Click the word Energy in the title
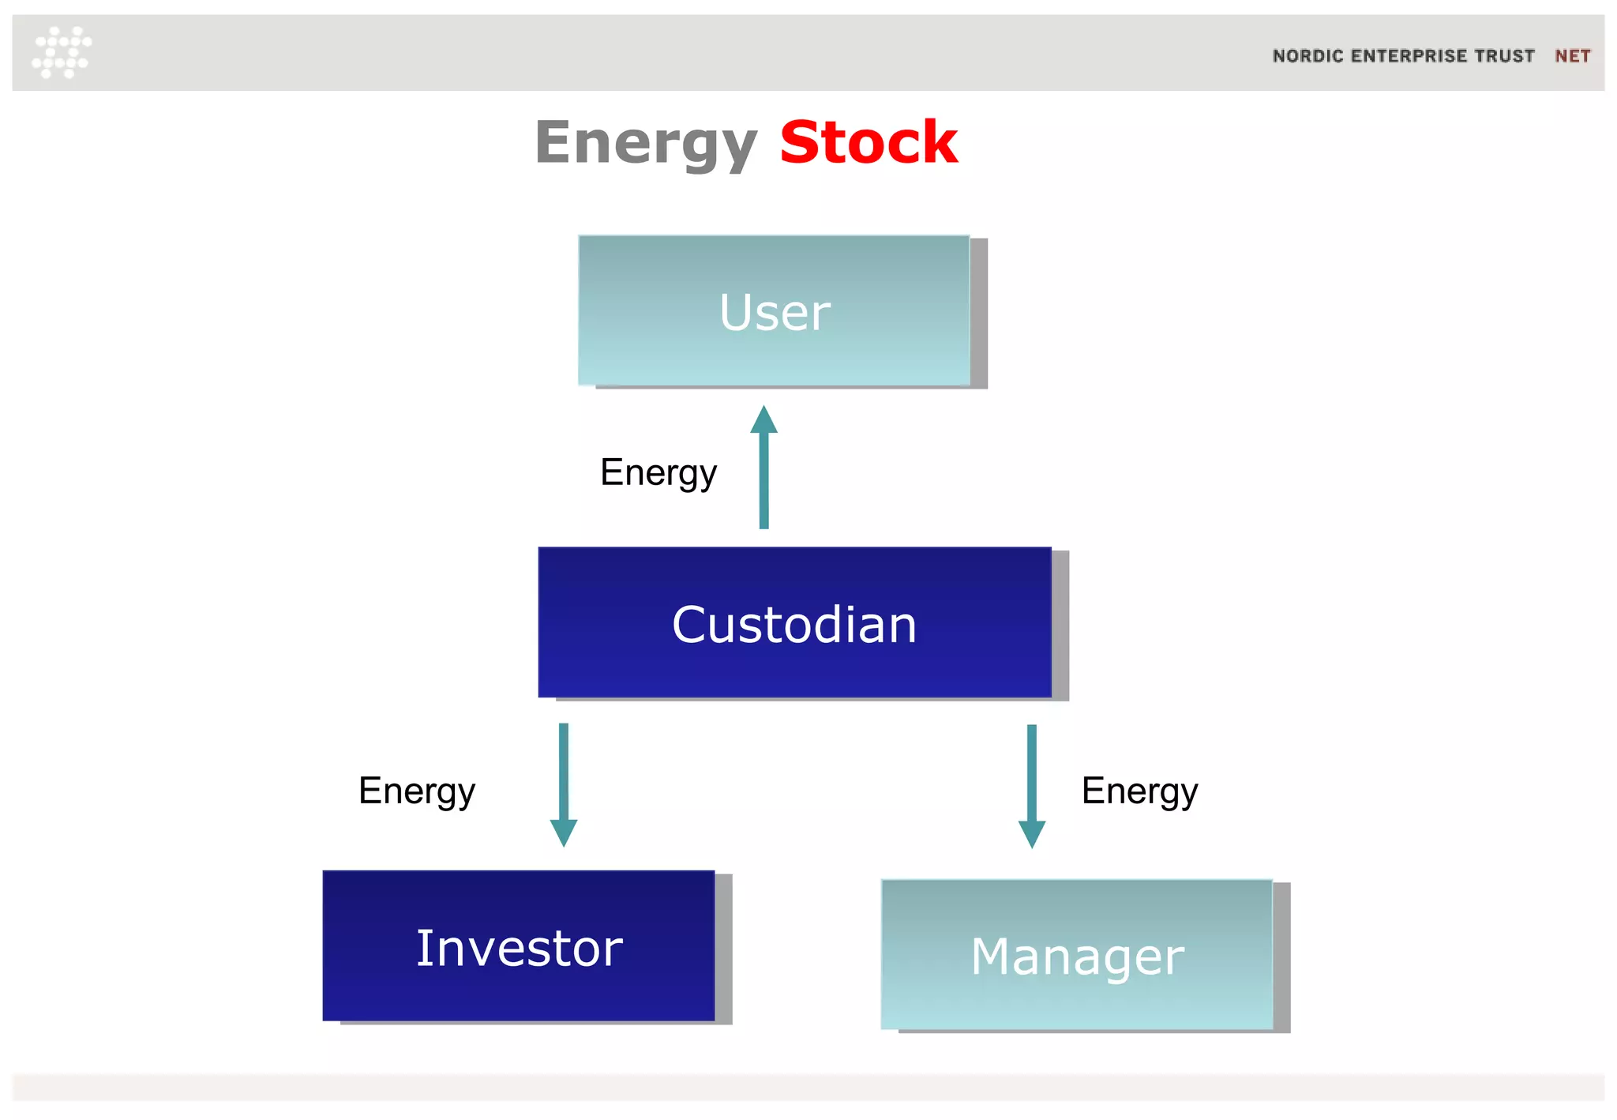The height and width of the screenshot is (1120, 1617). tap(646, 144)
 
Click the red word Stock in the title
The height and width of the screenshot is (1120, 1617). tap(869, 143)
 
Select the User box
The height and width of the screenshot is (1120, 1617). tap(774, 311)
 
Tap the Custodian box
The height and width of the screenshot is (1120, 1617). tap(794, 623)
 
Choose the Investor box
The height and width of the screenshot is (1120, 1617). tap(519, 946)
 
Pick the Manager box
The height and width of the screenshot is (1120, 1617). tap(1077, 955)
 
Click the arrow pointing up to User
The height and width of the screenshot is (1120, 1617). tap(763, 474)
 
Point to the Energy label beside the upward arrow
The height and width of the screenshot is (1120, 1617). tap(658, 473)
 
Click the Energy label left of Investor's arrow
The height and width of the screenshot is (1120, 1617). tap(417, 791)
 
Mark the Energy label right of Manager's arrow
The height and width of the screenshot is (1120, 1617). tap(1139, 791)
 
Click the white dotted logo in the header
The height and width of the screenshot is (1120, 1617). tap(62, 52)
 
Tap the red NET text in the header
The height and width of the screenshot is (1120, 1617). tap(1572, 56)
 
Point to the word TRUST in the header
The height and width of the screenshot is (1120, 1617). tap(1504, 56)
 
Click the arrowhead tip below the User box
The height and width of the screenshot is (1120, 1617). tap(763, 408)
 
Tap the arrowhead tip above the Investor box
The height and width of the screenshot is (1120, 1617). tap(564, 845)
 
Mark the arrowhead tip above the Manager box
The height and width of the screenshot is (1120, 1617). tap(1031, 847)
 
